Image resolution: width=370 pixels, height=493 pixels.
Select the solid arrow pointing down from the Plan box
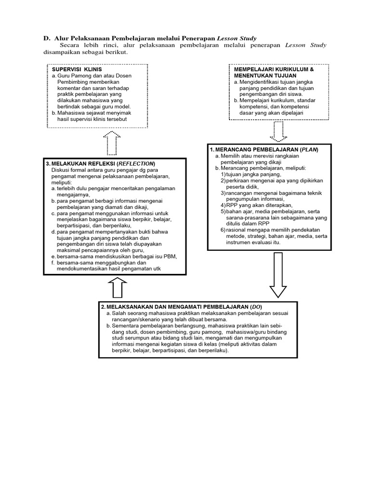278,276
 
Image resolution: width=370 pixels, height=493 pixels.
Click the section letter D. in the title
47,38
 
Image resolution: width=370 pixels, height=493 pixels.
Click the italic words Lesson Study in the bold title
237,38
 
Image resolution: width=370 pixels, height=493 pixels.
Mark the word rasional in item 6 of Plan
237,230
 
